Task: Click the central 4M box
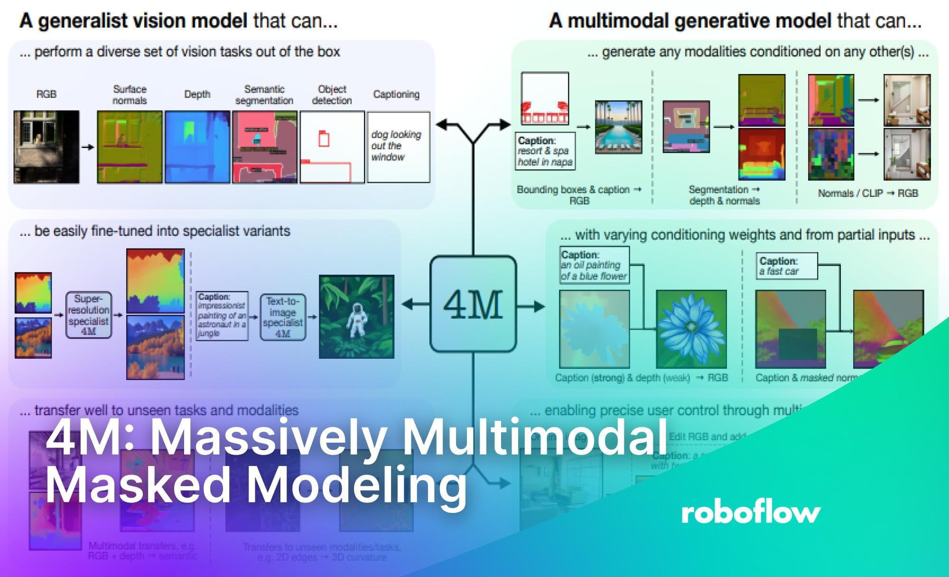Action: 473,304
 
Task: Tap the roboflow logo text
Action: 751,512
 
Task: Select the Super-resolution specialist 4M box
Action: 89,315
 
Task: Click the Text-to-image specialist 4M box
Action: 283,317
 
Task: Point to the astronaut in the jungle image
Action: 356,316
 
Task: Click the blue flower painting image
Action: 691,329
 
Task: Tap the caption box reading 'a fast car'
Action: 786,266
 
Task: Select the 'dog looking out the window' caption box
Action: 398,147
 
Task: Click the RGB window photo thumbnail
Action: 47,147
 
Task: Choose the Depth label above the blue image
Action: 197,94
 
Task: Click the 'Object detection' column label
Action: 332,95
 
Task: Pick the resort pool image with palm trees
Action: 618,127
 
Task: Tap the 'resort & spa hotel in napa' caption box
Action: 545,151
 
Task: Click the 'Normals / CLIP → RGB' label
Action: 867,193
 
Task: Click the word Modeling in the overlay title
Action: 357,485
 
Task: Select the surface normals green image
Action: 130,147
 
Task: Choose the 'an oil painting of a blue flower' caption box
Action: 594,265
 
